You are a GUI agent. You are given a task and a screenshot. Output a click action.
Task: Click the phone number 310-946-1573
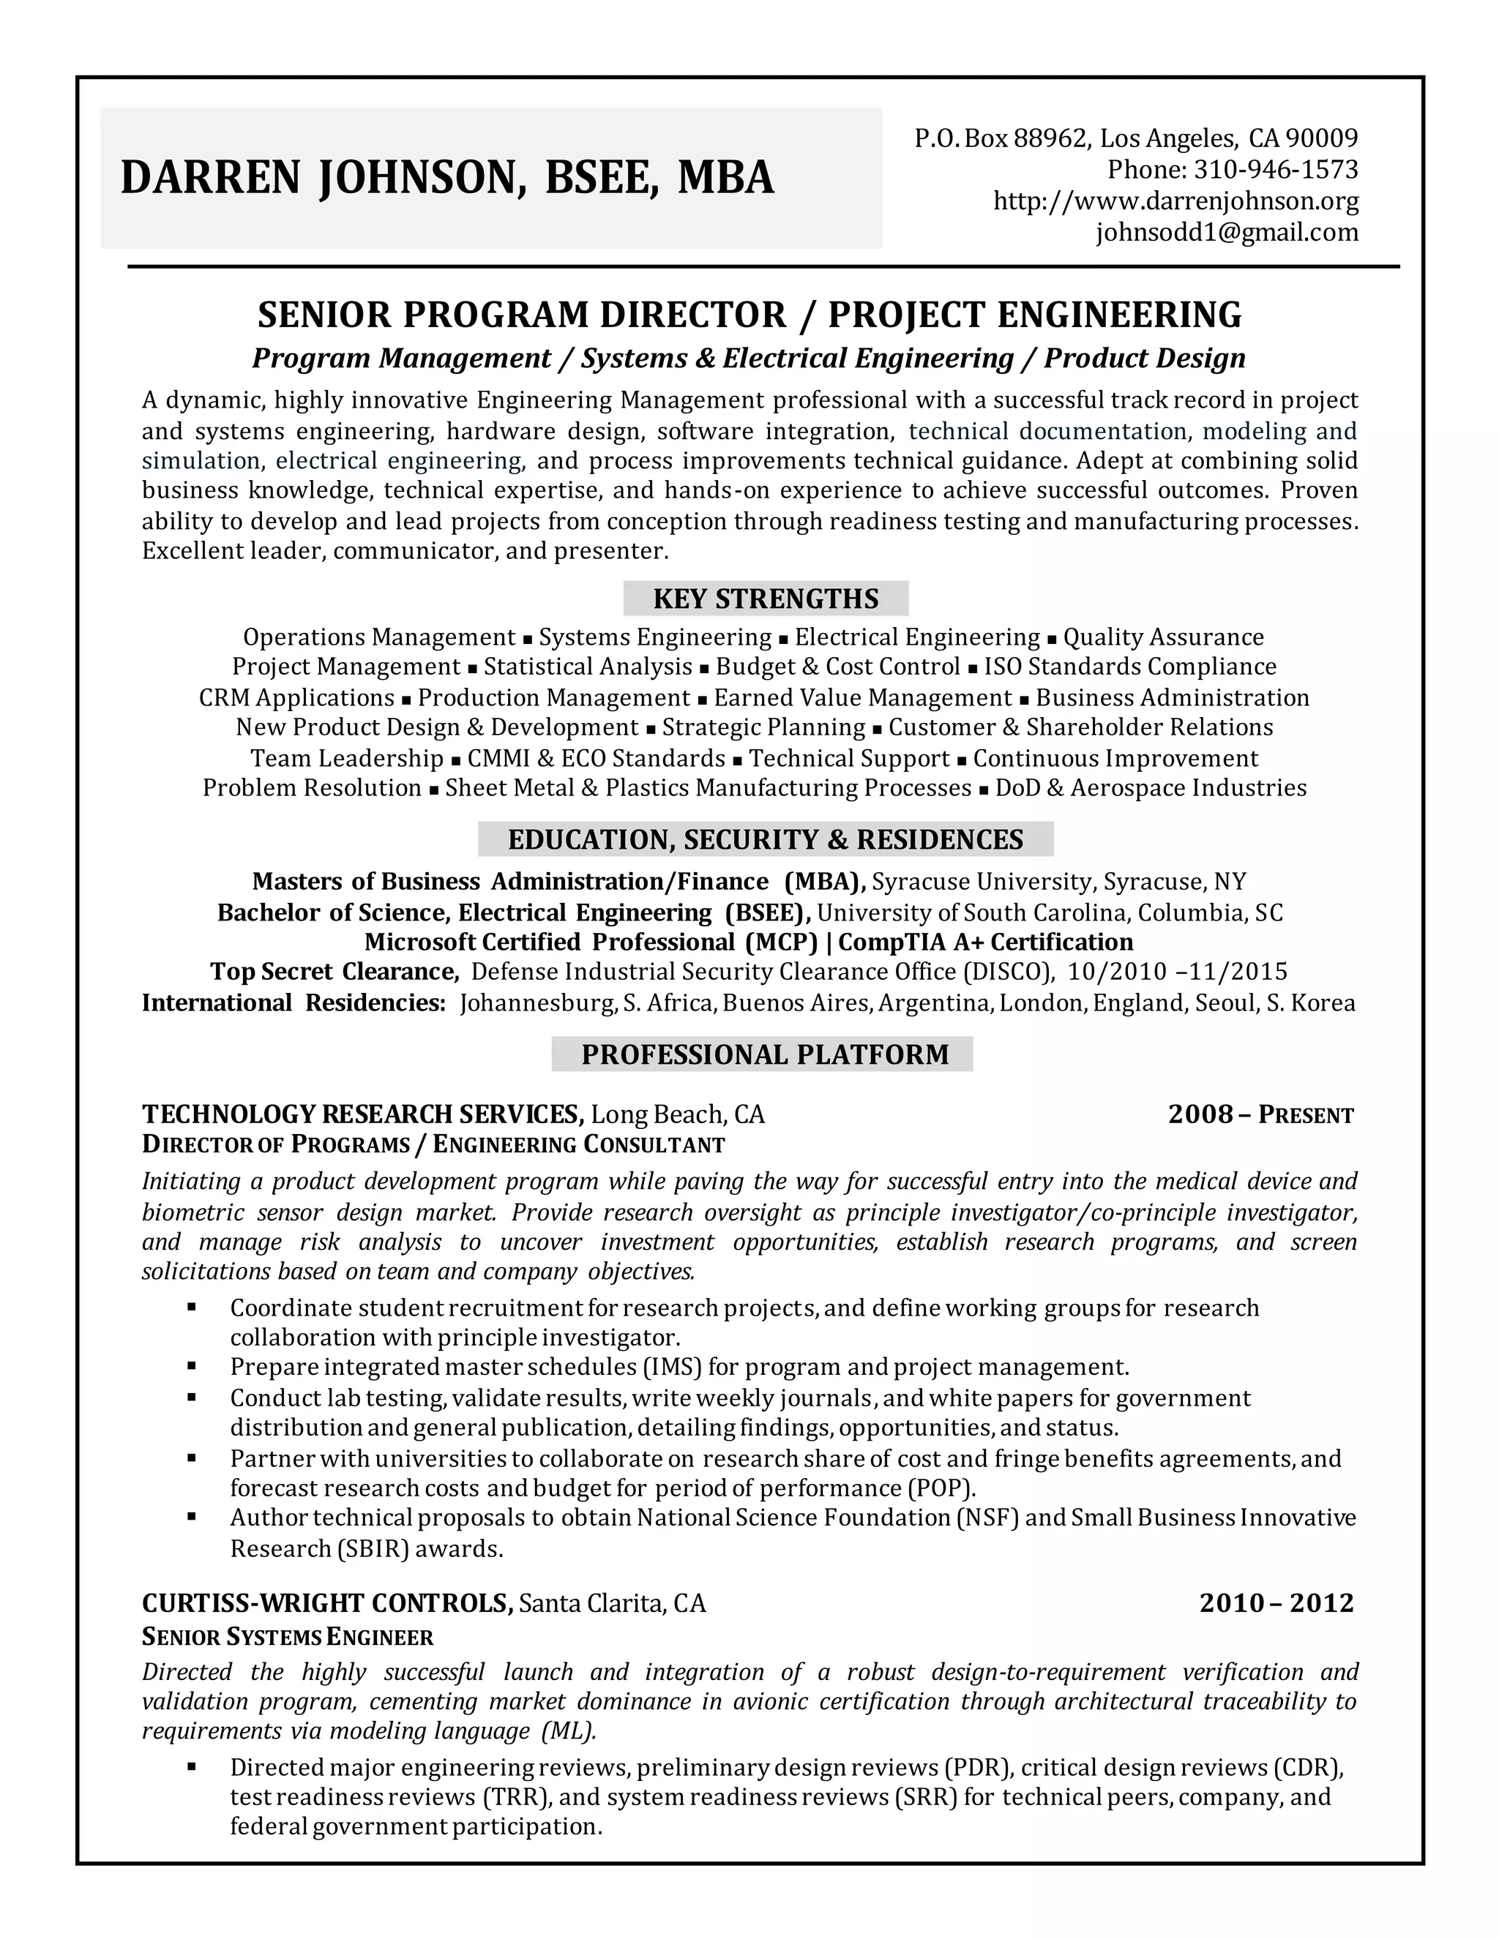point(1276,169)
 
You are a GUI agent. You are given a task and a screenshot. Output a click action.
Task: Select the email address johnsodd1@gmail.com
point(1227,233)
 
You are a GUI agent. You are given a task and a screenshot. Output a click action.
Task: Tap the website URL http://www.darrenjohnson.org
point(1175,201)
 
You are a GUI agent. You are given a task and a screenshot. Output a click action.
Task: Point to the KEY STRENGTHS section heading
point(766,599)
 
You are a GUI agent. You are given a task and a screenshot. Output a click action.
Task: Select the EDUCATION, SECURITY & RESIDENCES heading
point(766,840)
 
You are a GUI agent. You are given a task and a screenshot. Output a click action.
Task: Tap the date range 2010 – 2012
point(1275,1602)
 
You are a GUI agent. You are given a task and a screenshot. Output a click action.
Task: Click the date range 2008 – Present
point(1260,1114)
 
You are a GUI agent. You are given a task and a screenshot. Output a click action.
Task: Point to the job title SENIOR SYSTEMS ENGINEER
point(288,1636)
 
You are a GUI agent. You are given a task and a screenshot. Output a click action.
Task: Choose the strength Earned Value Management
point(862,698)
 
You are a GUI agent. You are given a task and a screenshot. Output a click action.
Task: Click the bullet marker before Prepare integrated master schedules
point(191,1365)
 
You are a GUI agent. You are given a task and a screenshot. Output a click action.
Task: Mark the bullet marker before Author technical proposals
point(191,1516)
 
